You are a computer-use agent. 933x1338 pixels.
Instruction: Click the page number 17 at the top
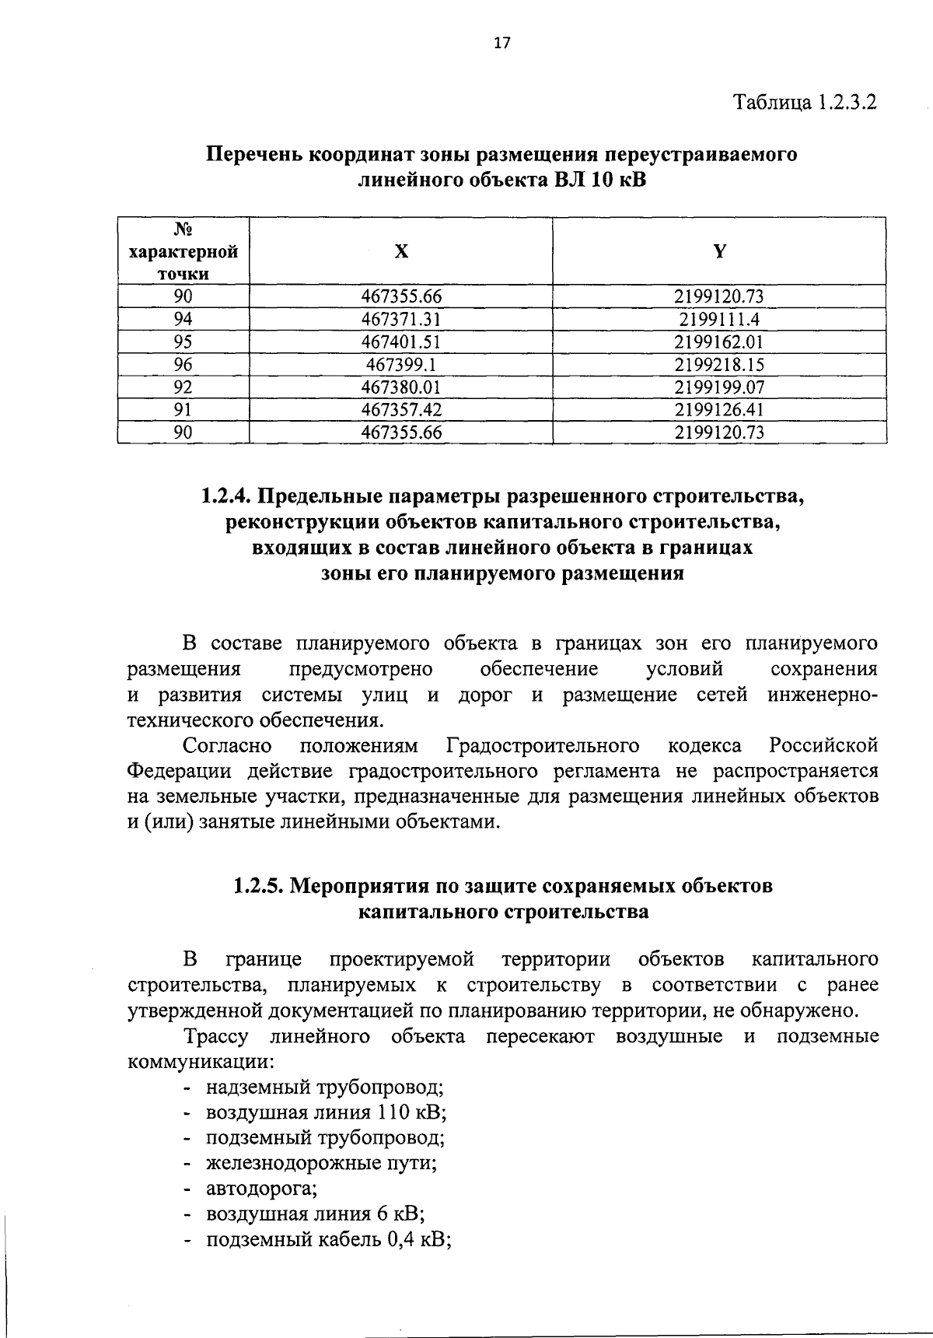[502, 44]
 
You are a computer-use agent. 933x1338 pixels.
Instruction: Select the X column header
[400, 251]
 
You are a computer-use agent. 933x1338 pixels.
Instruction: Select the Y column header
[719, 251]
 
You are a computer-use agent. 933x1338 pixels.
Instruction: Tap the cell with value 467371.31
[401, 319]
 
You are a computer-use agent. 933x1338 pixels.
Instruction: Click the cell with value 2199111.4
[719, 319]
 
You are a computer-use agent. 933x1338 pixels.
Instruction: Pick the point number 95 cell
[183, 342]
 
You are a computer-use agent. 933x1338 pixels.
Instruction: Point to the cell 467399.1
[401, 364]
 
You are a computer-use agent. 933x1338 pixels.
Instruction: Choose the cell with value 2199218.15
[719, 364]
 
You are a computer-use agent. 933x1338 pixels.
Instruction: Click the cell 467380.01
[401, 387]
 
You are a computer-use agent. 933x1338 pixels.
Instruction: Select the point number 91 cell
[183, 409]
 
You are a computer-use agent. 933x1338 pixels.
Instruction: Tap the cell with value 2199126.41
[719, 409]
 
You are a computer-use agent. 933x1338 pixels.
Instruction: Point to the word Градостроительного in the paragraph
[543, 746]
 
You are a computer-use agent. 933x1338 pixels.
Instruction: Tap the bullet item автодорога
[261, 1189]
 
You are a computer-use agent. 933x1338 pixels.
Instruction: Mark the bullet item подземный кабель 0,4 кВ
[329, 1240]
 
